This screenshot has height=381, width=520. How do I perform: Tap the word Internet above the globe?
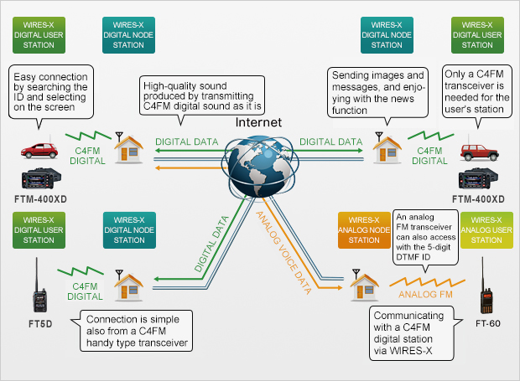click(x=258, y=122)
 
